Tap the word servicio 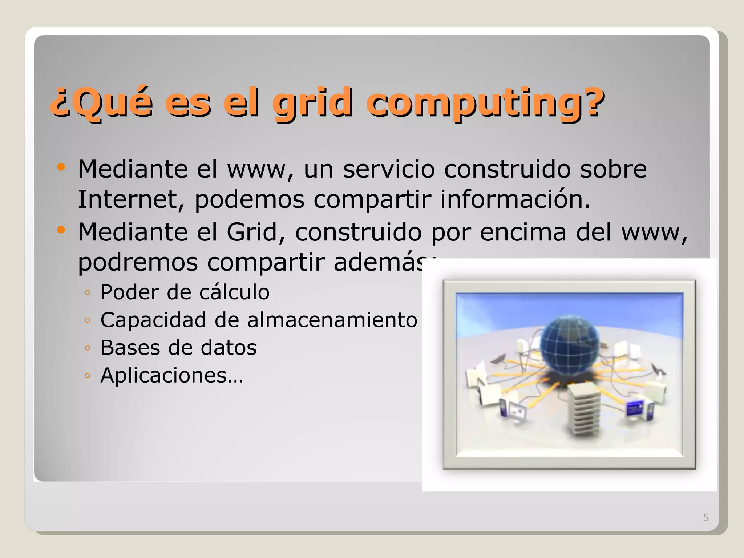pyautogui.click(x=389, y=169)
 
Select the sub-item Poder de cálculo pyautogui.click(x=185, y=292)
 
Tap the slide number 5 pyautogui.click(x=706, y=517)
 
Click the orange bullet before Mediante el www pyautogui.click(x=61, y=167)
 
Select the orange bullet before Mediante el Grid pyautogui.click(x=61, y=230)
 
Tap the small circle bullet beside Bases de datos pyautogui.click(x=87, y=348)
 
